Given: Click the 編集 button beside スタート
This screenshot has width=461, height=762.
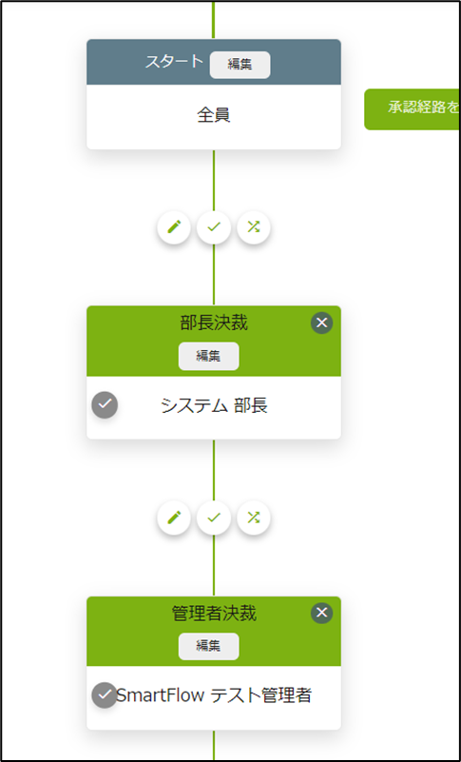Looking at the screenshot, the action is [240, 65].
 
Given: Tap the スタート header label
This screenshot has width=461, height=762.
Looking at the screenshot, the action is [174, 62].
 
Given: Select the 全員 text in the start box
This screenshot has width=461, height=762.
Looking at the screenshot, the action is [213, 115].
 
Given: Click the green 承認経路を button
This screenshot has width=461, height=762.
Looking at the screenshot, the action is [413, 108].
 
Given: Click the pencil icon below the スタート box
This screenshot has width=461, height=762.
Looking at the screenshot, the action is [174, 227].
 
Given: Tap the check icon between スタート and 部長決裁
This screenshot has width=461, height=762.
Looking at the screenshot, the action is [214, 227].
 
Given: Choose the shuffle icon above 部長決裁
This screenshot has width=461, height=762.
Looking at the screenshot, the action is [254, 227].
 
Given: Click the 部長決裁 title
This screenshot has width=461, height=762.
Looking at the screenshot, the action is [214, 323].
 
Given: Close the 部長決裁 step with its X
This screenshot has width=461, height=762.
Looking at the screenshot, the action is [321, 322].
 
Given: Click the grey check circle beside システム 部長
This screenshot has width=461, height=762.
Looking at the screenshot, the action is [105, 404].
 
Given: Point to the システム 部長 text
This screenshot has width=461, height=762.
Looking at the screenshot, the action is [214, 406].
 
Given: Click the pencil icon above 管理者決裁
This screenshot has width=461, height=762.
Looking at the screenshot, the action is [174, 518].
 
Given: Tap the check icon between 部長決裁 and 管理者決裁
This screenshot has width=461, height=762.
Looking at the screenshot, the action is [214, 518].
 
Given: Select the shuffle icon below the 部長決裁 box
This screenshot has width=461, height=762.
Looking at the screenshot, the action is [254, 518].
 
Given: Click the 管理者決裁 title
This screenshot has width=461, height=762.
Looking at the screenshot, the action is [214, 614].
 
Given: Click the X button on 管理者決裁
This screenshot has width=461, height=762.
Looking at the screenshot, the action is [321, 613].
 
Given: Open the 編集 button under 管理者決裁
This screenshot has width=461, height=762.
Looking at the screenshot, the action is [208, 646].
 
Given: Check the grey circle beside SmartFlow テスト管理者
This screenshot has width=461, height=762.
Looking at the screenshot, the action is [105, 695].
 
